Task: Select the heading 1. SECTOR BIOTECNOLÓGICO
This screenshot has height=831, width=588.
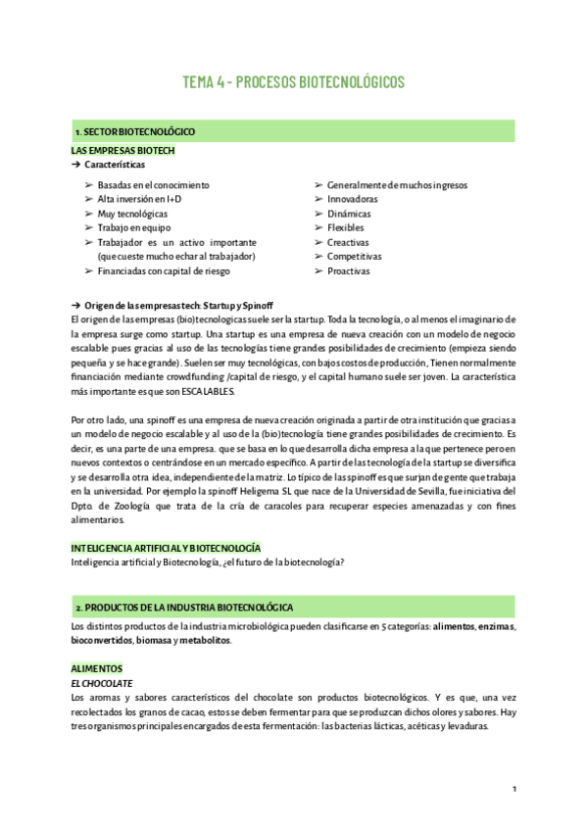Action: click(x=135, y=131)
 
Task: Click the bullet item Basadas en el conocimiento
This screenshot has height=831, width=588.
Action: click(x=153, y=184)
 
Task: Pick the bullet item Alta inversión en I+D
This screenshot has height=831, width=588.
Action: click(x=139, y=199)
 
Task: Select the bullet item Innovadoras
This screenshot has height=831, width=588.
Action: click(x=352, y=199)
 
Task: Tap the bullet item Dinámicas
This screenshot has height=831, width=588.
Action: click(x=349, y=214)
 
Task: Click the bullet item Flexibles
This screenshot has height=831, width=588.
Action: click(x=345, y=227)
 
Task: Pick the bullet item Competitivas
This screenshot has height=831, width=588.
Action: click(x=354, y=257)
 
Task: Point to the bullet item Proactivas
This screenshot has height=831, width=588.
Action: click(x=349, y=271)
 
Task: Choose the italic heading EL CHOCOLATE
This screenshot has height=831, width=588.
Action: click(x=102, y=682)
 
